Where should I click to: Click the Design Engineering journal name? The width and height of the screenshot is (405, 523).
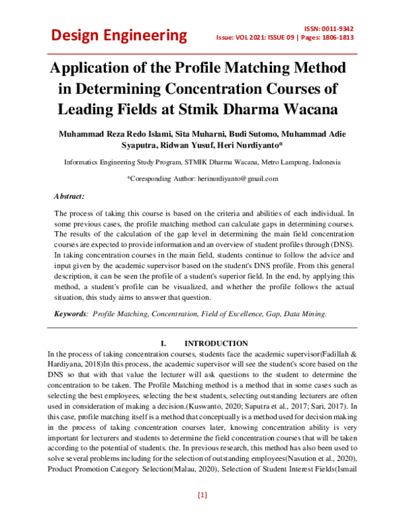coord(116,35)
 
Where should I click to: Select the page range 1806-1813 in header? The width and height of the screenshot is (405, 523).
coord(335,39)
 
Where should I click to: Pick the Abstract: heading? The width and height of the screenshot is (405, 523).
coord(69,196)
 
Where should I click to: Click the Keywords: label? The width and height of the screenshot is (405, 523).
coord(71,314)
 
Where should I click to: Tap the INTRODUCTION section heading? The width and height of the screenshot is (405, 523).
coord(215,343)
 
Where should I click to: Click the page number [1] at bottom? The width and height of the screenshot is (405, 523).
coord(202,495)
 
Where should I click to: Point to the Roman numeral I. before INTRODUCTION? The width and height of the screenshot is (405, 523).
coord(163,343)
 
